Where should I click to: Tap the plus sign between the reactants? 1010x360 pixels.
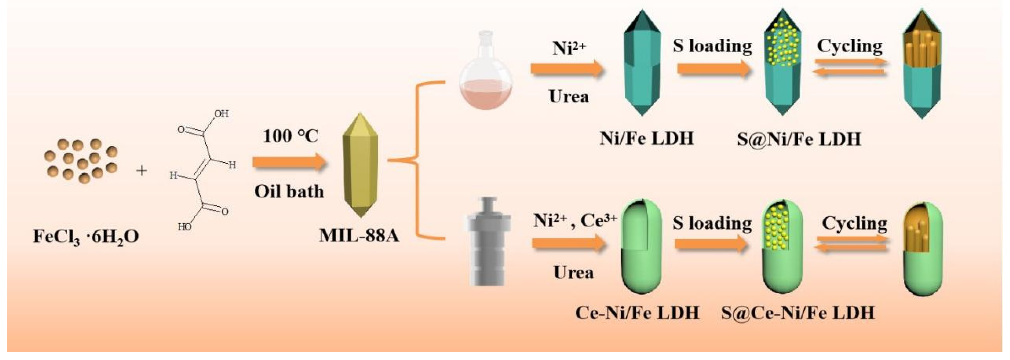coord(141,171)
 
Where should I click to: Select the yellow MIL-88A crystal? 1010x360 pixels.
coord(360,165)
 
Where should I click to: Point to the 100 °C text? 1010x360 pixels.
coord(290,136)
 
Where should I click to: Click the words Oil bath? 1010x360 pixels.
coord(289,192)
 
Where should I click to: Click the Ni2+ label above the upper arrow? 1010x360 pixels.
coord(569,48)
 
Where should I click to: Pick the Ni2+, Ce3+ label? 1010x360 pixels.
coord(575,221)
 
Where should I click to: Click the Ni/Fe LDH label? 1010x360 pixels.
coord(646,138)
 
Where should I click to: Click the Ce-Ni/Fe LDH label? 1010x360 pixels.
coord(637,312)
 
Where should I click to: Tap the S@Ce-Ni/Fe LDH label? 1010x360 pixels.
coord(798,312)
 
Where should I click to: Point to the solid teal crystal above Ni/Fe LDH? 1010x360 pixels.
coord(642,63)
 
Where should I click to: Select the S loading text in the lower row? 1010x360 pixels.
coord(712,223)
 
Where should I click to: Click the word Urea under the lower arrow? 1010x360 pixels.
coord(573,272)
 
